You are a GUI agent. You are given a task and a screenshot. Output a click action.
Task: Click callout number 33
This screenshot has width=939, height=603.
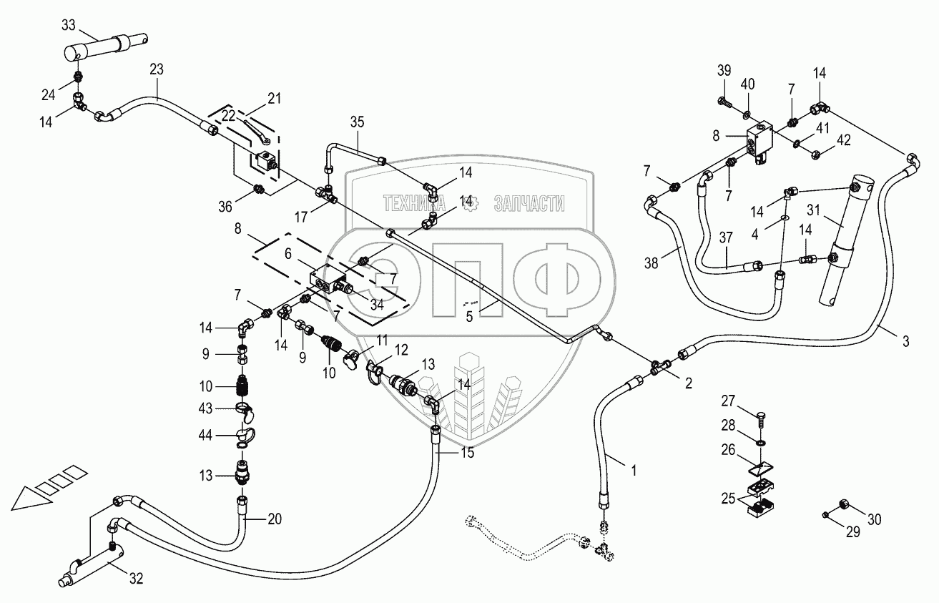(67, 25)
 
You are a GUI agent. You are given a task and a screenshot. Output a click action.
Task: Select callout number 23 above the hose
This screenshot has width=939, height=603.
(156, 69)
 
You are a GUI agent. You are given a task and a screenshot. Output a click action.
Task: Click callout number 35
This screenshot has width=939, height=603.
(357, 121)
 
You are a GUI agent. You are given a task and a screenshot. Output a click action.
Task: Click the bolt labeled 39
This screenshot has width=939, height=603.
(724, 102)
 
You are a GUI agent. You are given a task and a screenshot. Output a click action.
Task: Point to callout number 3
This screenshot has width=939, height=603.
(905, 341)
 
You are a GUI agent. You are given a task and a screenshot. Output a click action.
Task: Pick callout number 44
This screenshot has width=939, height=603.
(207, 433)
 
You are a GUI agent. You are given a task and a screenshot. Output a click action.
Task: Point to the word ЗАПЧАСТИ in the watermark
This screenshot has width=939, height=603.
(530, 205)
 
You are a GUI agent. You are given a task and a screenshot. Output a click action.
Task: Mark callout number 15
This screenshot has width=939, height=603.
(467, 453)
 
